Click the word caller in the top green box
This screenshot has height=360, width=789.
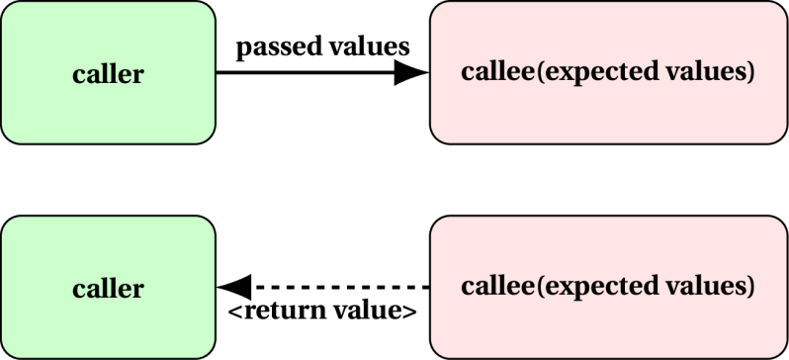tap(108, 74)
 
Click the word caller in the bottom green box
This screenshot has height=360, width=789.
tap(108, 289)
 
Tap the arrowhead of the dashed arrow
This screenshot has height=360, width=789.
tap(234, 287)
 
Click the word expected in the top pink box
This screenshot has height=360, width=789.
tap(585, 73)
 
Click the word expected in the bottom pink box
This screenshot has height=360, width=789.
tap(585, 288)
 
